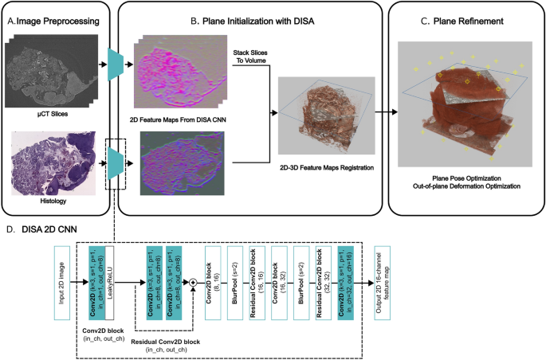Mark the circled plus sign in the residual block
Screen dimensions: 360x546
(193, 281)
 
